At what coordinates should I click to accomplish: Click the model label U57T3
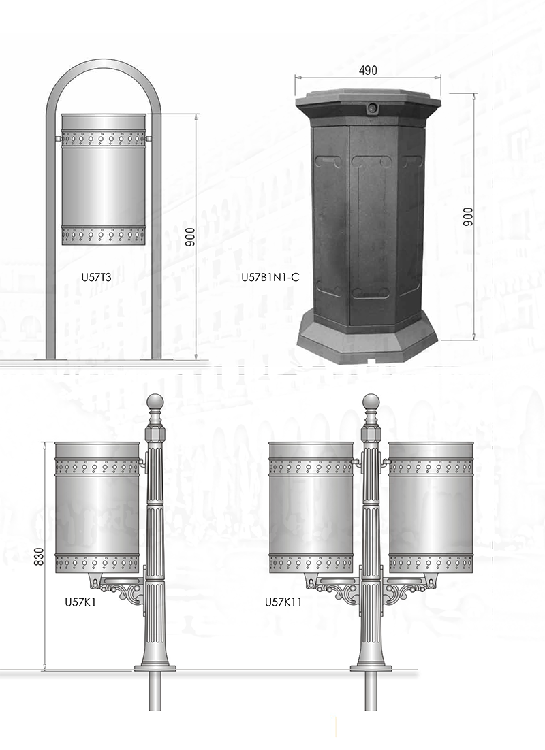[97, 276]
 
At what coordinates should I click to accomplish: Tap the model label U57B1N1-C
[270, 277]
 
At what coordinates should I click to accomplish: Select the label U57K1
[80, 602]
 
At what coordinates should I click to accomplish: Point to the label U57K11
[283, 602]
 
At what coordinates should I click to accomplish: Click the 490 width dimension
[368, 70]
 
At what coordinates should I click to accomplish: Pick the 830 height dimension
[39, 556]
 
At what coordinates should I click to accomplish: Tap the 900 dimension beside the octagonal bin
[468, 216]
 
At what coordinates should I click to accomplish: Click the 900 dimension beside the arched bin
[190, 237]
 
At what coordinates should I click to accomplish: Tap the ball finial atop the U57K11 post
[371, 402]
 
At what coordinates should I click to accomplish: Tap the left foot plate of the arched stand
[51, 358]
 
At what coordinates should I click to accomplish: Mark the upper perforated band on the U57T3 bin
[104, 138]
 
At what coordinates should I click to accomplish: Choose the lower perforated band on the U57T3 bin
[104, 235]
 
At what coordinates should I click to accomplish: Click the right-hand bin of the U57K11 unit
[431, 508]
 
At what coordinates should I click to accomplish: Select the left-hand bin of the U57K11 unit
[311, 508]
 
